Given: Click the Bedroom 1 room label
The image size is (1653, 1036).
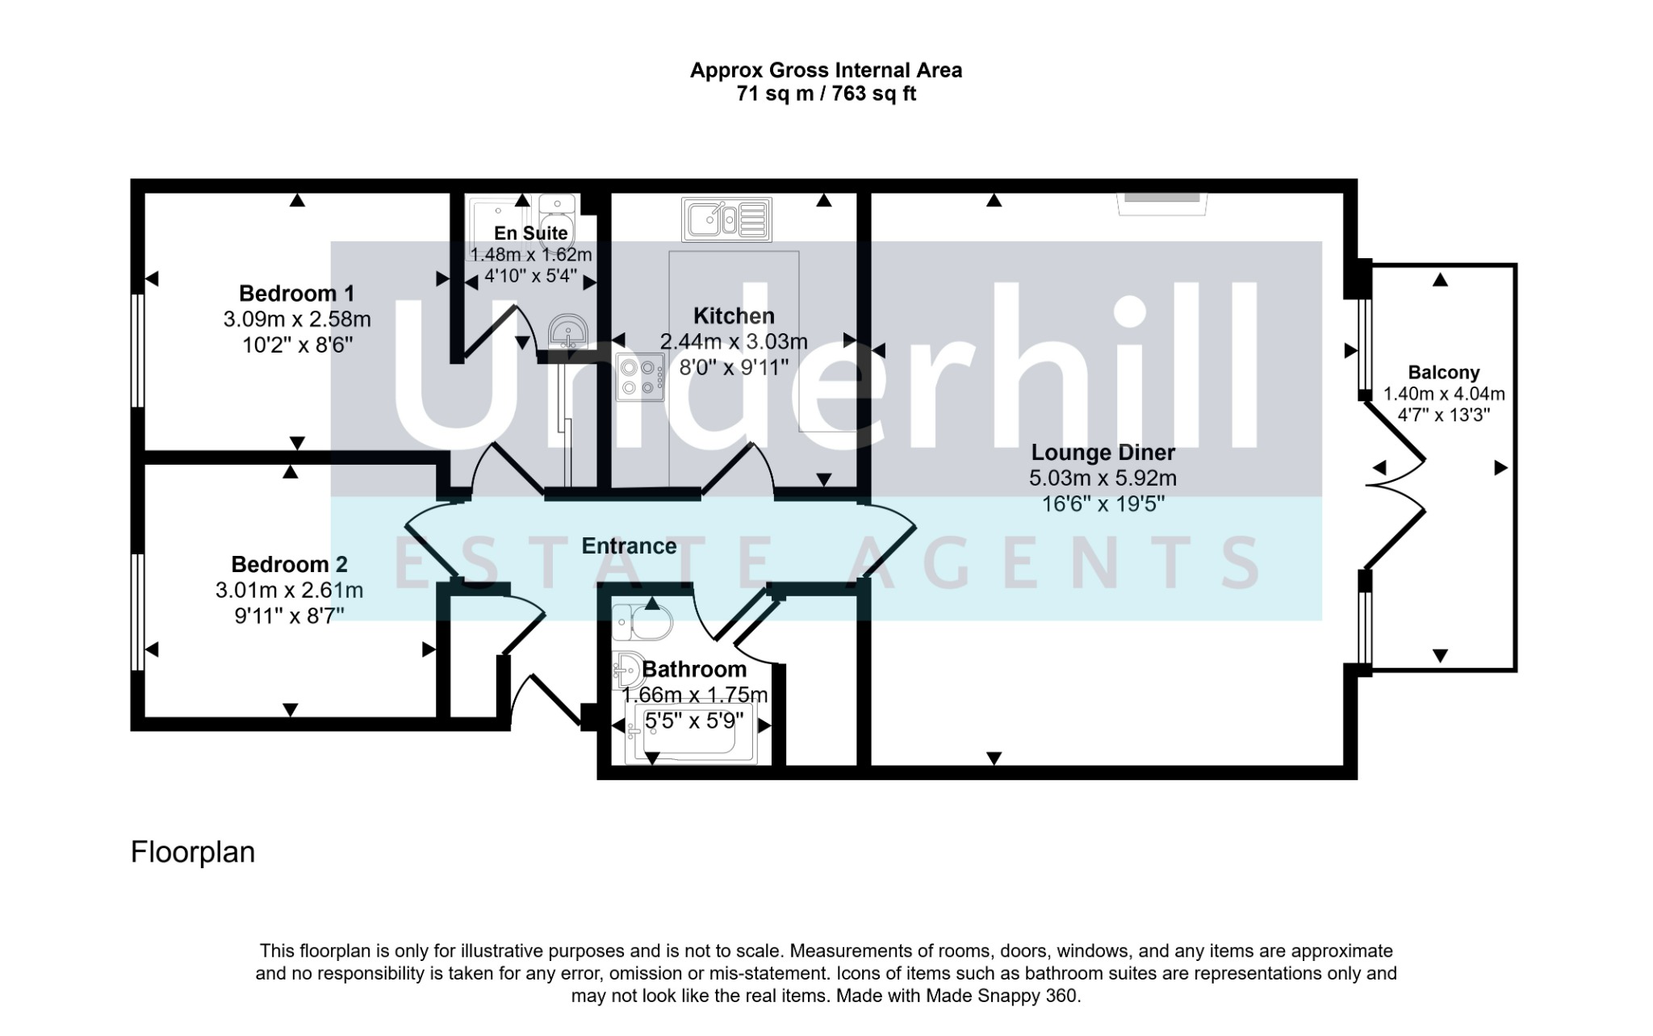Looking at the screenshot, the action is (x=296, y=293).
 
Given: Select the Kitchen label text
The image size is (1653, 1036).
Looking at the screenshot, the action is (x=734, y=315).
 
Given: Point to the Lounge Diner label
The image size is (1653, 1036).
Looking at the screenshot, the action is (x=1103, y=453).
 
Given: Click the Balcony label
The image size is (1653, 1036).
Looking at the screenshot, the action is (x=1444, y=373).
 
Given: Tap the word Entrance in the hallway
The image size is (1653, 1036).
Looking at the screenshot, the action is (x=629, y=546).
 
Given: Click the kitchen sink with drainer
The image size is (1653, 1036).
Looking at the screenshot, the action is (x=726, y=219).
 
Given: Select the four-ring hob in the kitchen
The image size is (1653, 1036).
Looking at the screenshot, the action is (x=640, y=378).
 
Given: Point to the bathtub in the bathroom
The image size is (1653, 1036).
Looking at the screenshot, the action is (x=691, y=733).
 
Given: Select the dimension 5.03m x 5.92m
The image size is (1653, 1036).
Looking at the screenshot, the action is (x=1103, y=478).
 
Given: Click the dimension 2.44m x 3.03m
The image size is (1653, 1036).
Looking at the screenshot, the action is (x=734, y=342).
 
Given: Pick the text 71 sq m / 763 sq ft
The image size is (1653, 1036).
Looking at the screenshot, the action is (x=826, y=94).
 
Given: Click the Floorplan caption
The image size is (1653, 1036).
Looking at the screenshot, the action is (x=193, y=852).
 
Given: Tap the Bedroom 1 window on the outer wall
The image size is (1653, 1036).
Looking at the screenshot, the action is (x=138, y=350).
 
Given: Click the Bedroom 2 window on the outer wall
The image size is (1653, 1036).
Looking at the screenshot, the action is (x=138, y=612).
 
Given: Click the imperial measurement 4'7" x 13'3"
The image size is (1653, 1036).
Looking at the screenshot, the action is (x=1444, y=416).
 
